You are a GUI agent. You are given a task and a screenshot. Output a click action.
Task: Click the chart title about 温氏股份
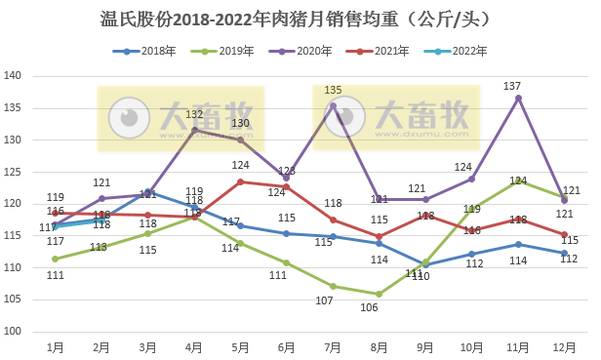[x=300, y=19]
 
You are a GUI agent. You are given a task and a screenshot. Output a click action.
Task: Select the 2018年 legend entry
[x=157, y=50]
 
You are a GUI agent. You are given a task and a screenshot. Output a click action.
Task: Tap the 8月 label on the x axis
[x=379, y=346]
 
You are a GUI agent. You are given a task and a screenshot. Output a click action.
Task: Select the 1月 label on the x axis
[x=56, y=346]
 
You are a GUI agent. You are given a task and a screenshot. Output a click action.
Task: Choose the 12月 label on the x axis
[x=563, y=346]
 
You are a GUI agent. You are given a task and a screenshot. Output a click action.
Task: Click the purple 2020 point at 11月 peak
[x=518, y=98]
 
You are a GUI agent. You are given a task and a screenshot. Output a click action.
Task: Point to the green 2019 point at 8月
[x=379, y=294]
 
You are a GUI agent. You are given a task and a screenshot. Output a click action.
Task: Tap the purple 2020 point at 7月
[x=333, y=105]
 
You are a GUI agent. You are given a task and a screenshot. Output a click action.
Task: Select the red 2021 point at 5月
[x=240, y=181]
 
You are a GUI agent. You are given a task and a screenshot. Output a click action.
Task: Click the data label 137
[x=512, y=87]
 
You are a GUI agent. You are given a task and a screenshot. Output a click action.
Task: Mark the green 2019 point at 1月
[x=56, y=259]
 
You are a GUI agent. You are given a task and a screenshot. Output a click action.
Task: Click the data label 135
[x=333, y=90]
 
